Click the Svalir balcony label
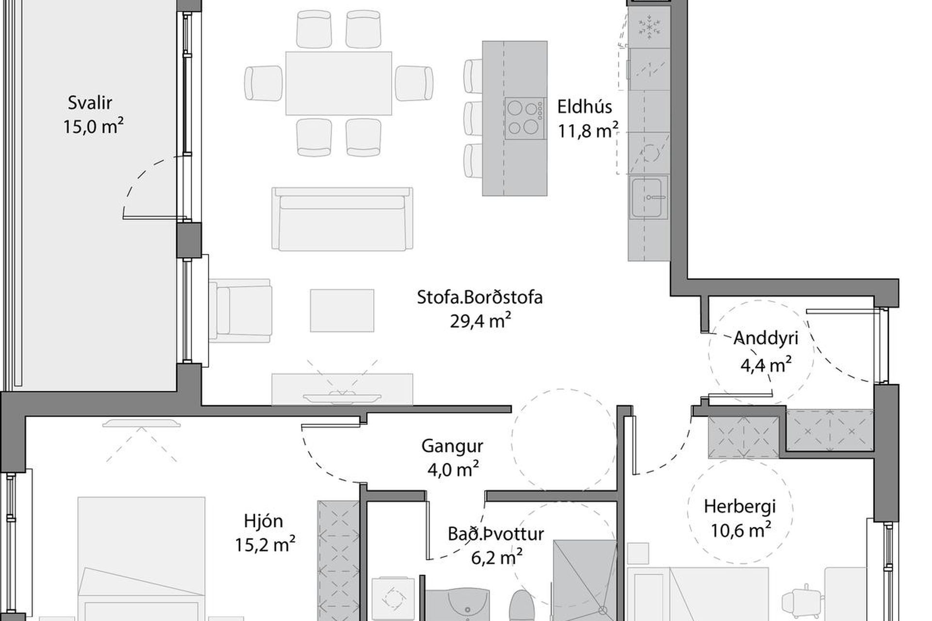(x=90, y=103)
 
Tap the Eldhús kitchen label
(x=584, y=106)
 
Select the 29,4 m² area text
(x=480, y=321)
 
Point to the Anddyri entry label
(x=766, y=338)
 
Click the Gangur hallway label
(x=452, y=446)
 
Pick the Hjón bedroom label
(x=263, y=521)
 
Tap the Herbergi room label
(x=740, y=507)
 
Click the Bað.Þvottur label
(x=496, y=534)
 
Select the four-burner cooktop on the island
(x=524, y=118)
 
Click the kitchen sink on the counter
(x=648, y=197)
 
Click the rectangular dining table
(x=339, y=83)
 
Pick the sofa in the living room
(x=342, y=219)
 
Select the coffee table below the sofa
(x=342, y=310)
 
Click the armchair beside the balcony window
(x=240, y=310)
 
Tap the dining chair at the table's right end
(x=414, y=83)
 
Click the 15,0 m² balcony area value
(x=93, y=127)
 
